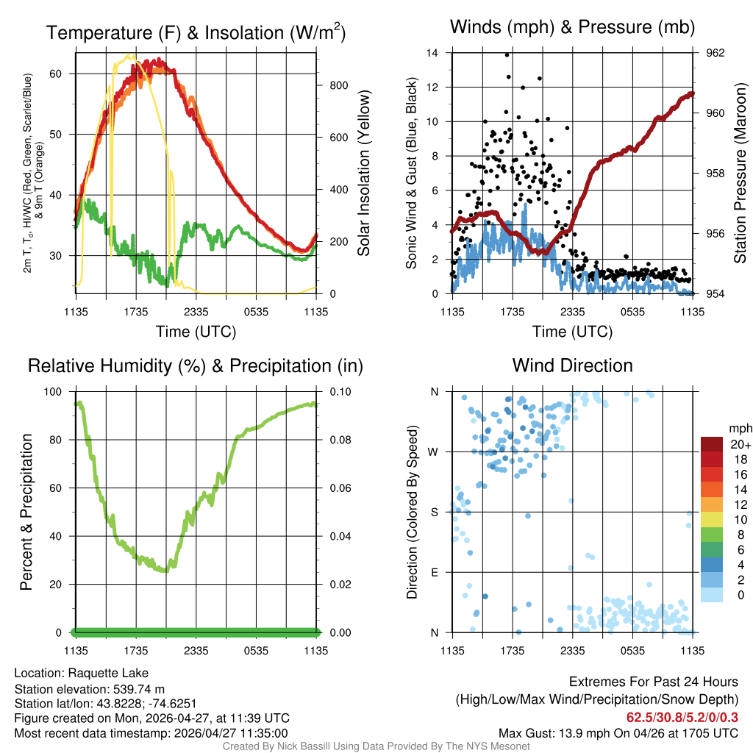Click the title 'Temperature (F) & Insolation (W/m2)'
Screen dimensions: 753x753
point(196,33)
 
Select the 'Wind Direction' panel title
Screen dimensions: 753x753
point(572,365)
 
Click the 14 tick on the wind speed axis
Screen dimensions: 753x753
point(433,53)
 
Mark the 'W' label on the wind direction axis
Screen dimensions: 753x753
point(433,452)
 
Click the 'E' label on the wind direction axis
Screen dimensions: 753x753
point(434,572)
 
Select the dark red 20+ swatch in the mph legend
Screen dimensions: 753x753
point(711,444)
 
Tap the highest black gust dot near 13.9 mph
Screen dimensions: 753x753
point(507,54)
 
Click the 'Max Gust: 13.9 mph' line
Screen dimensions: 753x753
point(618,732)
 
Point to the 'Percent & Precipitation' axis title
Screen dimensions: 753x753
point(26,512)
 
